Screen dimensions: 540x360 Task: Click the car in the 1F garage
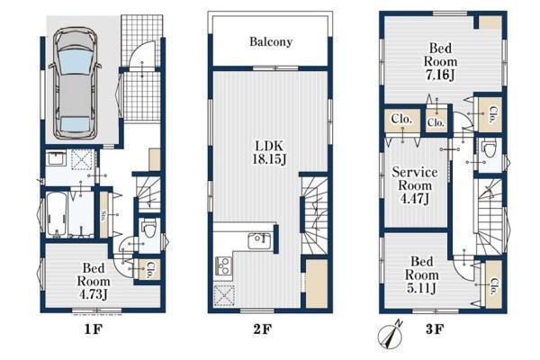click(x=75, y=83)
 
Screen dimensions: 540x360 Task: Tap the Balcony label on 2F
click(x=271, y=41)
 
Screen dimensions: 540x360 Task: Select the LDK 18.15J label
click(x=269, y=152)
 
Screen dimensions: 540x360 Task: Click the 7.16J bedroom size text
click(x=440, y=75)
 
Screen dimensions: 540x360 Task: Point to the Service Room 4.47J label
click(x=415, y=185)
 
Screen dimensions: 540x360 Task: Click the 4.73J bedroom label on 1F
click(x=94, y=294)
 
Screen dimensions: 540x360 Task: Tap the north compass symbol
click(x=391, y=335)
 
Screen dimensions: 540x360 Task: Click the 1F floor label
click(x=94, y=329)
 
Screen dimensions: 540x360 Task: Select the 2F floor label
click(x=263, y=329)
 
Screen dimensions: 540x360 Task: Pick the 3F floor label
click(x=435, y=329)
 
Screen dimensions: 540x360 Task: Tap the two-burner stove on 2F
click(x=224, y=265)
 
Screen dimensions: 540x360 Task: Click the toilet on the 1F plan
click(x=149, y=228)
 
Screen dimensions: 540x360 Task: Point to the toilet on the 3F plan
click(x=490, y=148)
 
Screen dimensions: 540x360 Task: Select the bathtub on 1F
click(x=57, y=214)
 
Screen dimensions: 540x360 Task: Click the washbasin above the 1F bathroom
click(x=56, y=158)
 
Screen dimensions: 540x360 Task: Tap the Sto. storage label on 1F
click(x=103, y=215)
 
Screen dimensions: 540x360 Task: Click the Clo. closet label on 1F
click(x=149, y=270)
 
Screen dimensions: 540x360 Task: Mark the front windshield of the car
click(x=75, y=61)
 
